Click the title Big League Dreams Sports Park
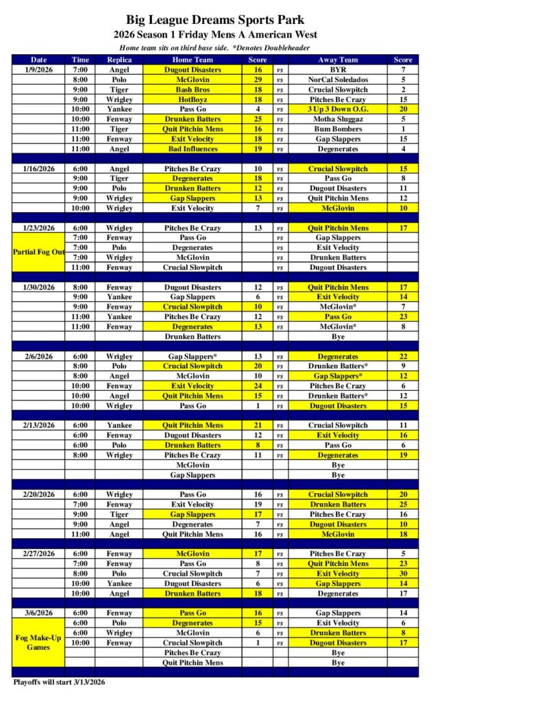pyautogui.click(x=215, y=20)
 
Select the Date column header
pyautogui.click(x=39, y=60)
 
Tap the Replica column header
pyautogui.click(x=119, y=60)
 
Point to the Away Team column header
pyautogui.click(x=338, y=60)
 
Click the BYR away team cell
pyautogui.click(x=338, y=70)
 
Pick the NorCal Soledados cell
pyautogui.click(x=338, y=79)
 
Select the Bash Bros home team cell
pyautogui.click(x=193, y=90)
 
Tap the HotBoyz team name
pyautogui.click(x=193, y=99)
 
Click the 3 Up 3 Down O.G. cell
pyautogui.click(x=338, y=110)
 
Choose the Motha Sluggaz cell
pyautogui.click(x=338, y=119)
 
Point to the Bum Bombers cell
pyautogui.click(x=338, y=129)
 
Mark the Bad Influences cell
pyautogui.click(x=193, y=149)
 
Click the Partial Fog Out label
pyautogui.click(x=39, y=252)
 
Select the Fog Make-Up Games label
pyautogui.click(x=39, y=642)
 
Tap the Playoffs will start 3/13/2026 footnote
pyautogui.click(x=60, y=682)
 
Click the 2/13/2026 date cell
pyautogui.click(x=39, y=425)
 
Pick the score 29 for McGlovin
pyautogui.click(x=258, y=79)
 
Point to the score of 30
pyautogui.click(x=403, y=574)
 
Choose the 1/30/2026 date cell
pyautogui.click(x=39, y=288)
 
